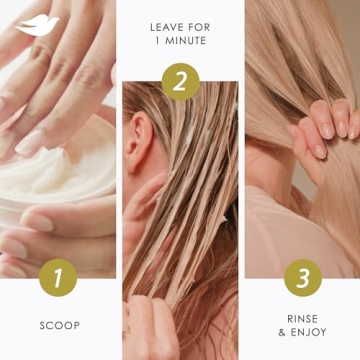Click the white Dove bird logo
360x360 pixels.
tap(37, 26)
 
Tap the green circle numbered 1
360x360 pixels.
tap(58, 278)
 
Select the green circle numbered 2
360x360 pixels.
tap(180, 81)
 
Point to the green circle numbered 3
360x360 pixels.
tap(303, 278)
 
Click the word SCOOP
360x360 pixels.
tap(60, 326)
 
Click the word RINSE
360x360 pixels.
tap(303, 319)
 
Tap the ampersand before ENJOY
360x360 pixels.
tap(282, 333)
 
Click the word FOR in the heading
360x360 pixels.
tap(198, 28)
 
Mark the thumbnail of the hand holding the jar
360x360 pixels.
tap(38, 223)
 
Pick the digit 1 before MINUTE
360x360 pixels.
tap(157, 41)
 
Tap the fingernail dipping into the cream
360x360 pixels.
tap(29, 143)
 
